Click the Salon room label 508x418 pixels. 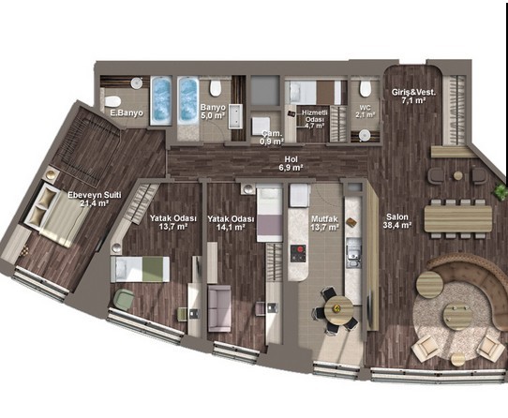tap(397, 217)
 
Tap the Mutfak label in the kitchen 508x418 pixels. tap(324, 219)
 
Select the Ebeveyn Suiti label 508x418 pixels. tap(95, 195)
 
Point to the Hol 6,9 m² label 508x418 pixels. tap(291, 163)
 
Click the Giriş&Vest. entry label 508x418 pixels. tap(413, 93)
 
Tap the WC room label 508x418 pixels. tap(365, 108)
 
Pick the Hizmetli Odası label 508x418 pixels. tap(315, 115)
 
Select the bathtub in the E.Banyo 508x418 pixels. tap(160, 100)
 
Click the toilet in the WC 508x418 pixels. tap(366, 88)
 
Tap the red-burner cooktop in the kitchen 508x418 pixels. tap(298, 253)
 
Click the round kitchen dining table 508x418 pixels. tap(339, 308)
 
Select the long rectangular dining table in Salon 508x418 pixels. tap(458, 219)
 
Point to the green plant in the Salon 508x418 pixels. tap(501, 191)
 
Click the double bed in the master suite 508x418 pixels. tap(55, 214)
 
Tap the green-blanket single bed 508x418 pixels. tap(140, 270)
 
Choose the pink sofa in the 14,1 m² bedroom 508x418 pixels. tap(219, 308)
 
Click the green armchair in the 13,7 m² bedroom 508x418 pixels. tap(124, 299)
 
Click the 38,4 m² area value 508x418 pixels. tap(397, 225)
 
